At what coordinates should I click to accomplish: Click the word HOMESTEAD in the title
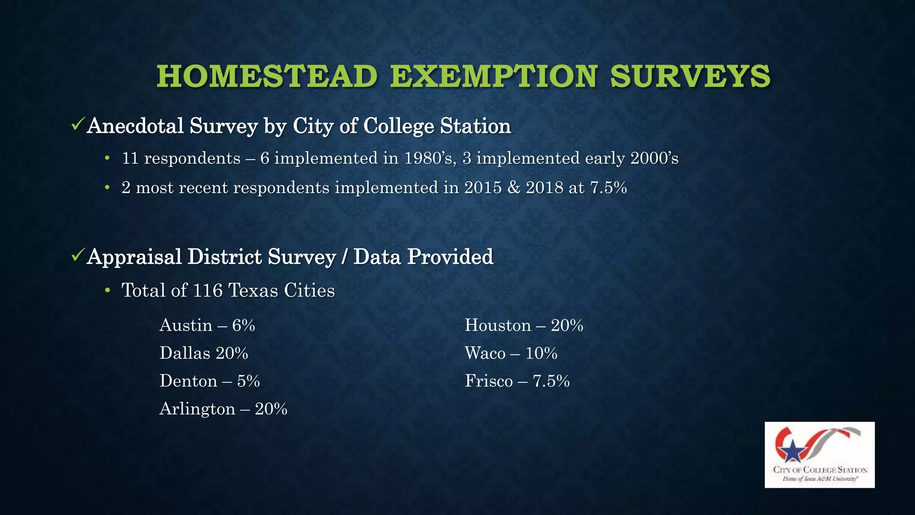[267, 76]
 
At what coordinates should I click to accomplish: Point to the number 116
[208, 291]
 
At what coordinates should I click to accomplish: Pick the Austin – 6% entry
[207, 325]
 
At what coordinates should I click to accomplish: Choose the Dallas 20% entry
[204, 353]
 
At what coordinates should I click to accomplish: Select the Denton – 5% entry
[210, 381]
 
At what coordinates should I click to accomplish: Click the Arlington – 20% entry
[223, 409]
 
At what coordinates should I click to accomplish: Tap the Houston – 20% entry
[524, 325]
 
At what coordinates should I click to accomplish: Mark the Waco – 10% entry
[511, 353]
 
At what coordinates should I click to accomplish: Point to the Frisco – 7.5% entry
[517, 381]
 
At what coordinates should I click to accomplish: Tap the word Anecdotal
[135, 126]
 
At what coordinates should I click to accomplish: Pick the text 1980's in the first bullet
[430, 159]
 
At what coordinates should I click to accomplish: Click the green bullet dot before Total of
[107, 291]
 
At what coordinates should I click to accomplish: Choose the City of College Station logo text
[820, 470]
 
